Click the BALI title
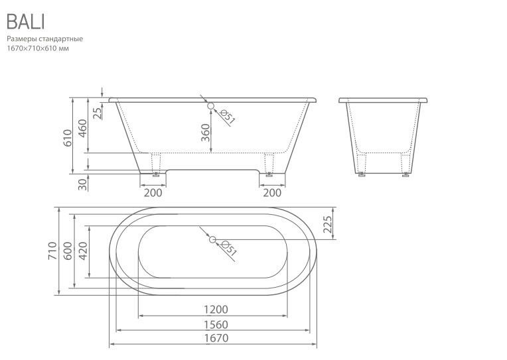(25, 22)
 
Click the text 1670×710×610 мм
(38, 48)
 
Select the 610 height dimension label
(68, 138)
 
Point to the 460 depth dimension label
(83, 128)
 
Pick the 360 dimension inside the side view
(206, 133)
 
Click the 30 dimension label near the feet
(83, 184)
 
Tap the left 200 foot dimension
(153, 193)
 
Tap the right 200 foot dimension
(272, 193)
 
